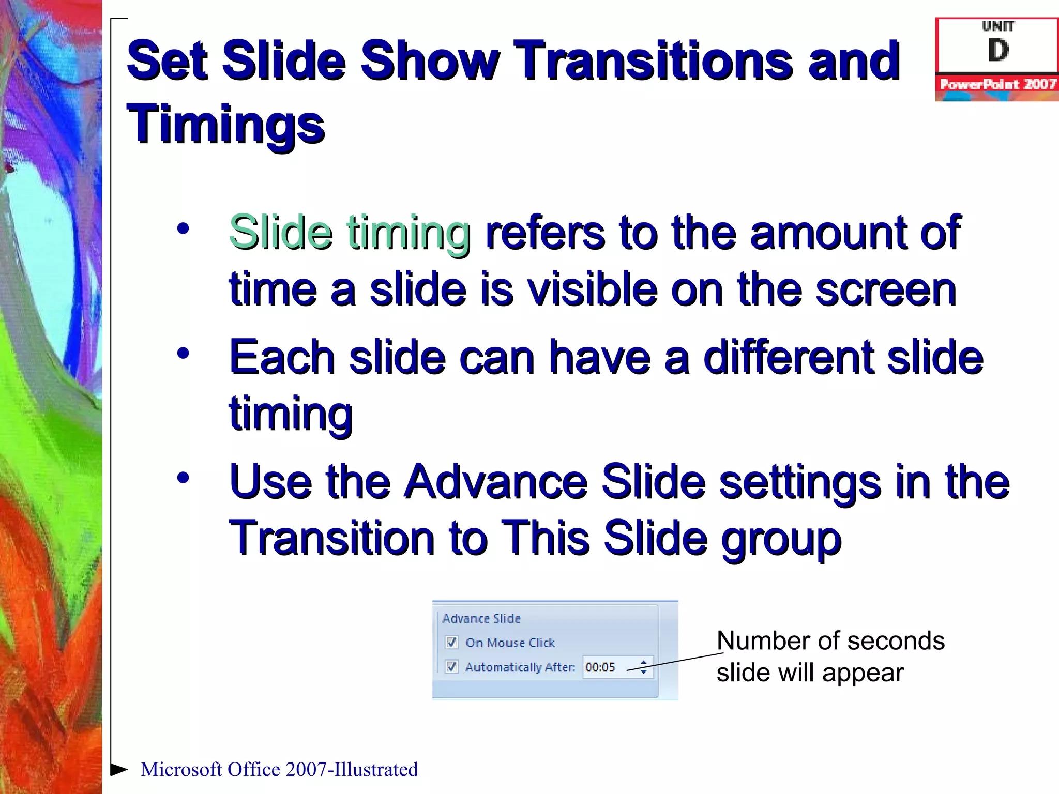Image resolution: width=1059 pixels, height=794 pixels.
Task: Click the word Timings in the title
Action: tap(225, 124)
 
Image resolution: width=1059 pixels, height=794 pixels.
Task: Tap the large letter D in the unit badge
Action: tap(997, 50)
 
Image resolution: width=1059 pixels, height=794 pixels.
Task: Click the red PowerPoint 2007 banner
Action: tap(997, 84)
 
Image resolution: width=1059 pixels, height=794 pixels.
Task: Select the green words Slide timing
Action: tap(350, 233)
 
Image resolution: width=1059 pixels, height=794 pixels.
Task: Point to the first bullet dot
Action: tap(183, 228)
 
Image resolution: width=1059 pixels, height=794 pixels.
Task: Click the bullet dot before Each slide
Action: tap(183, 354)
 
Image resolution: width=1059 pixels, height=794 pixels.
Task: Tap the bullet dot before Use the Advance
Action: tap(183, 478)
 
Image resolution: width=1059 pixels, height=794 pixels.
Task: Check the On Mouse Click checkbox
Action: tap(451, 643)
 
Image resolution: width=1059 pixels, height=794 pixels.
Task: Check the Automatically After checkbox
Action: tap(451, 667)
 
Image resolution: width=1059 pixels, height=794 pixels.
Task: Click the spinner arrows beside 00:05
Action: tap(644, 667)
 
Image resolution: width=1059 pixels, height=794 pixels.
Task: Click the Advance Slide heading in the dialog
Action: tap(481, 618)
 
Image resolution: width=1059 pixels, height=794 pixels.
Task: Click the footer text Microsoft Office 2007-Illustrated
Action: tap(279, 769)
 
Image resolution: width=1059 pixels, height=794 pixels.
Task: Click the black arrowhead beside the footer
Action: tap(119, 769)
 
